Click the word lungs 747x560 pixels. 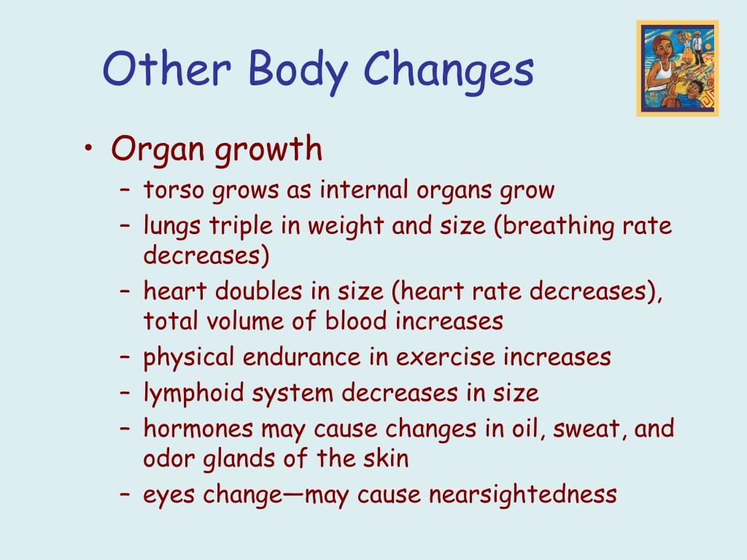pyautogui.click(x=173, y=227)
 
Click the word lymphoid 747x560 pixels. pyautogui.click(x=195, y=394)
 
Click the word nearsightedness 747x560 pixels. pyautogui.click(x=522, y=495)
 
